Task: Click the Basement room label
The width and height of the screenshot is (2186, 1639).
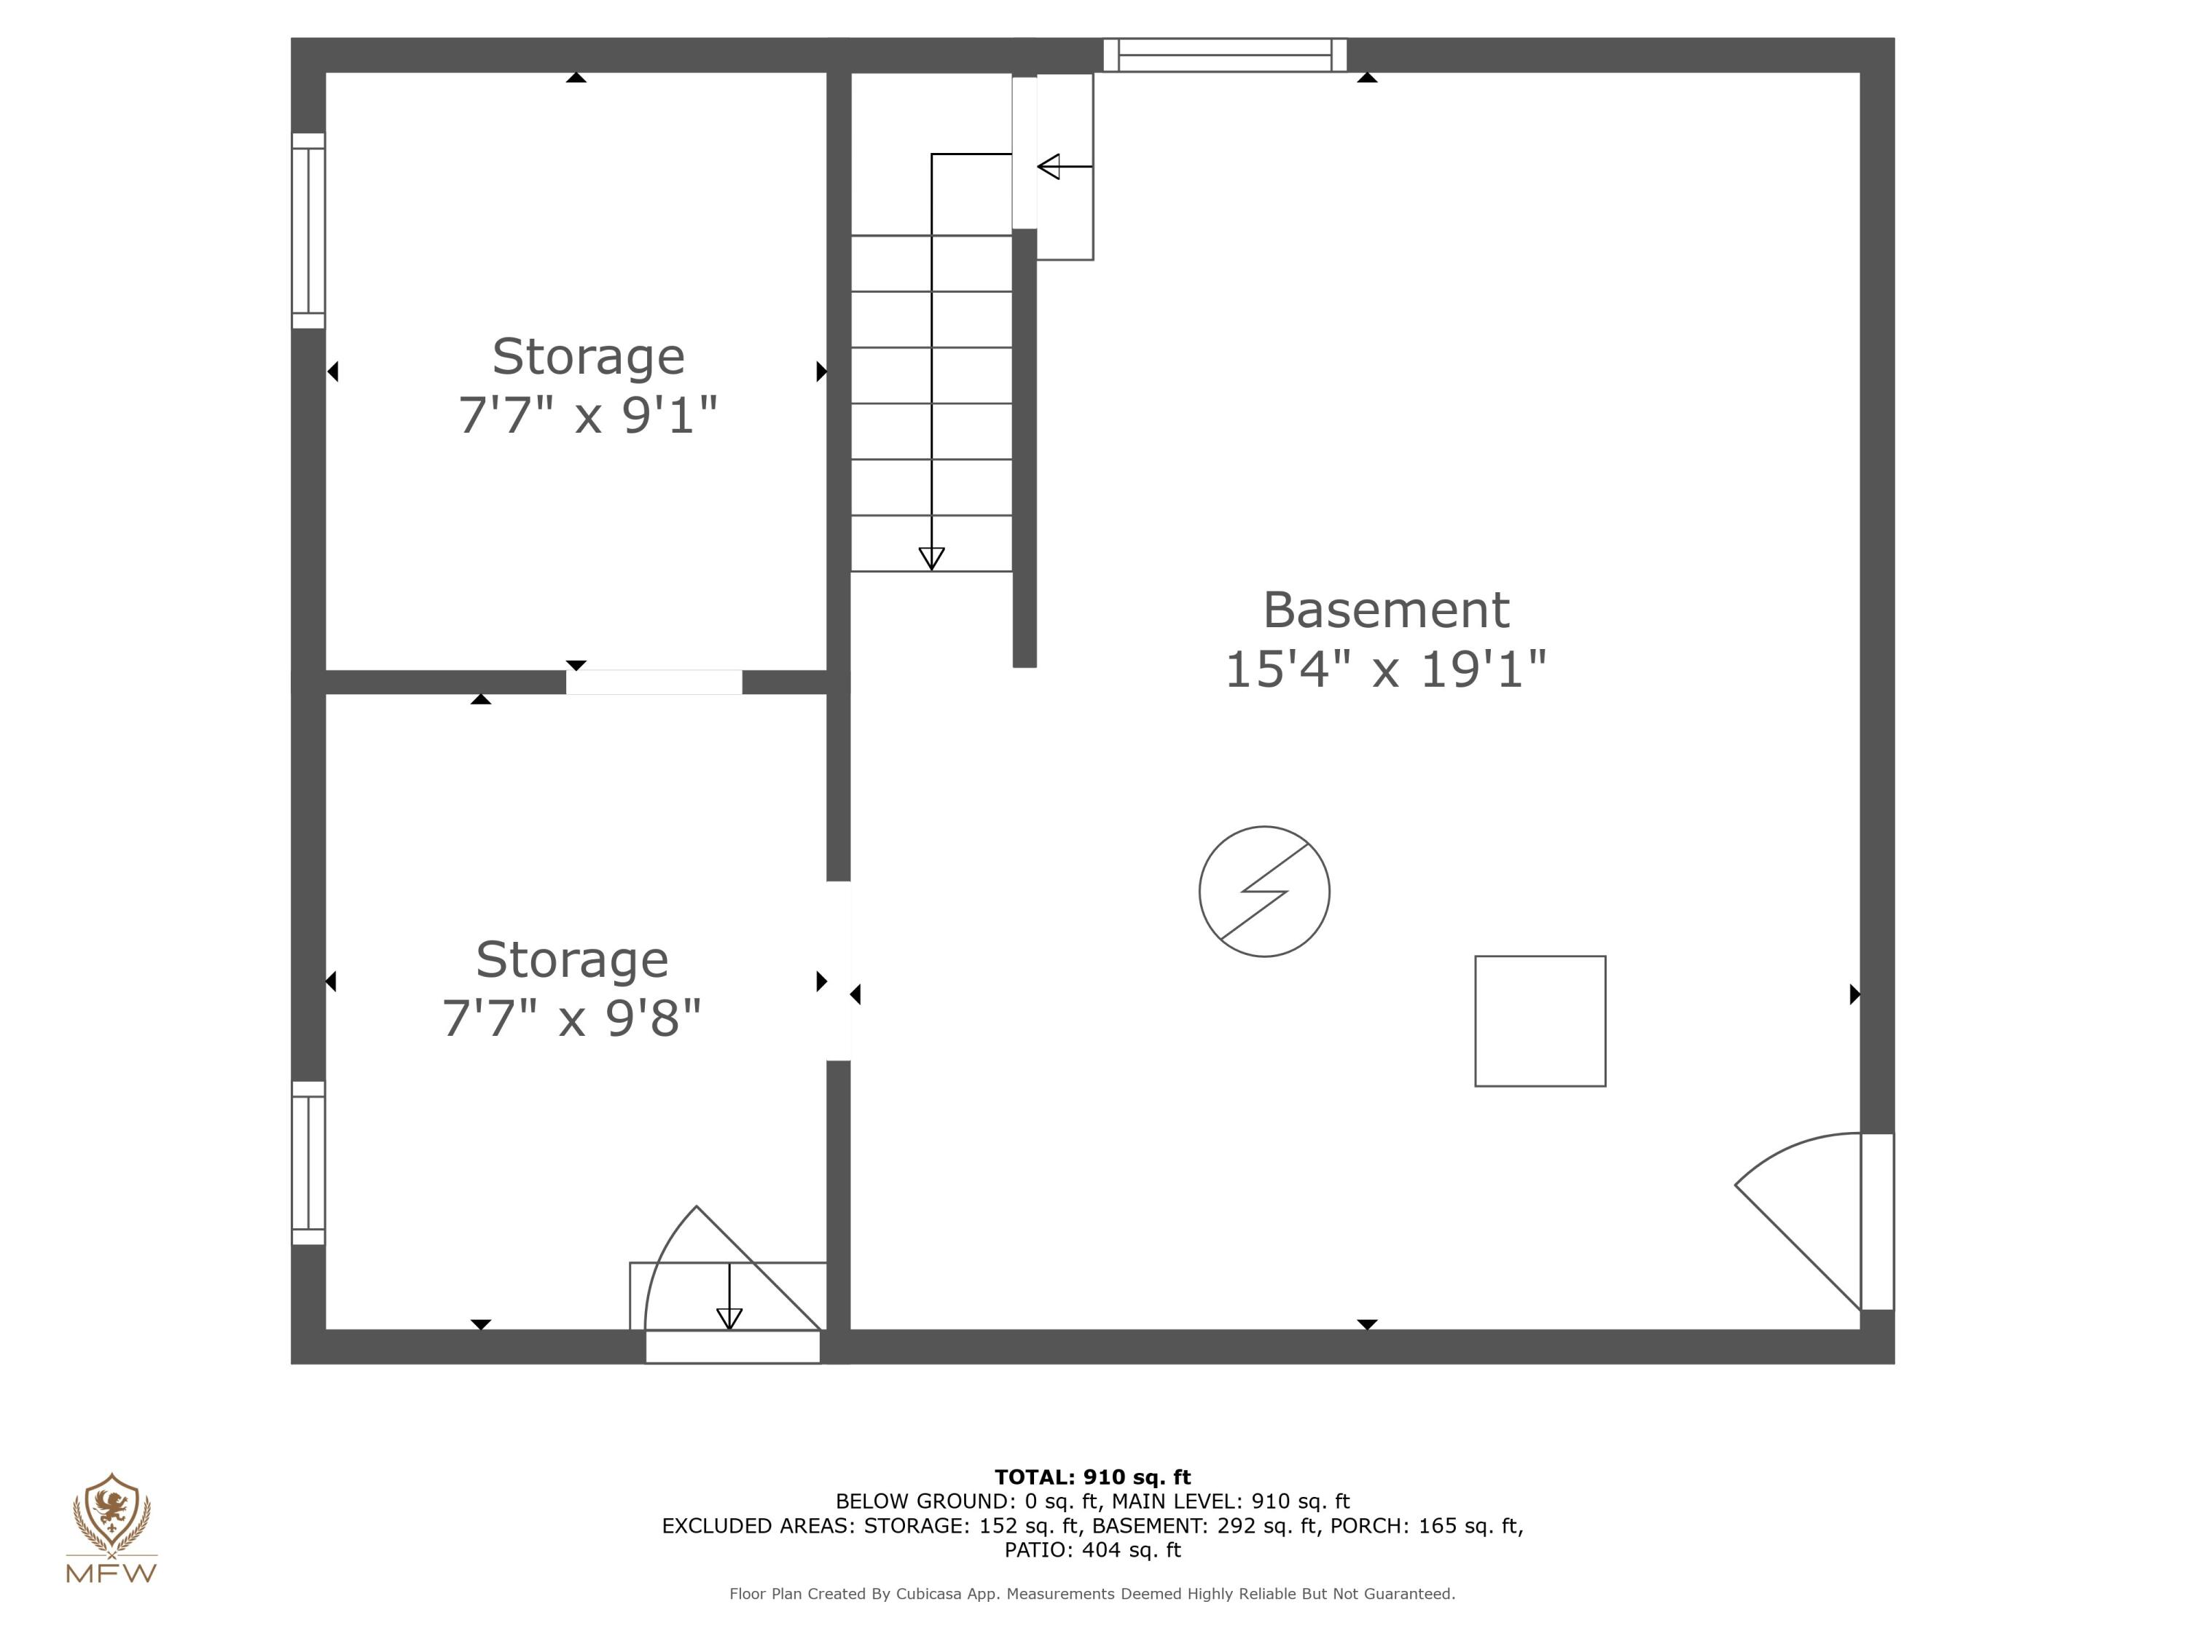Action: [x=1385, y=610]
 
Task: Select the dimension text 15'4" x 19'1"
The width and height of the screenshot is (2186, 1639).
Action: [x=1385, y=670]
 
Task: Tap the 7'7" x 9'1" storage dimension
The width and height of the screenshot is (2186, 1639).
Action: [x=588, y=415]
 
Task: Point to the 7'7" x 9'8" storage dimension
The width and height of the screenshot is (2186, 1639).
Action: [x=571, y=1018]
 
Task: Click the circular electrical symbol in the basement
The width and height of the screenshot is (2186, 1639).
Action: [x=1264, y=891]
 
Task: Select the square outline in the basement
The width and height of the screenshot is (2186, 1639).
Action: [x=1540, y=1021]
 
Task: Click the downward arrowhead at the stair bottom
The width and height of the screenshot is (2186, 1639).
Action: [x=931, y=558]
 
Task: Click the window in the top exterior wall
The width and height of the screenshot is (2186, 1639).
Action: [x=1224, y=55]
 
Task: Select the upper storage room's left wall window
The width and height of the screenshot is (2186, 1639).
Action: [x=308, y=231]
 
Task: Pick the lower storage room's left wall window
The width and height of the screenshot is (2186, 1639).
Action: [x=308, y=1163]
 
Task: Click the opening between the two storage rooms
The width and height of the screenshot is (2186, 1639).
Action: [x=653, y=682]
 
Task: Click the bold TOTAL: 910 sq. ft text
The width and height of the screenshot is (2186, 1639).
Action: [x=1092, y=1477]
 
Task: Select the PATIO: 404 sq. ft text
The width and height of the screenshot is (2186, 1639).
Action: [x=1092, y=1549]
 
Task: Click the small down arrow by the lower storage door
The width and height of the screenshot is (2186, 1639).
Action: [x=729, y=1317]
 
